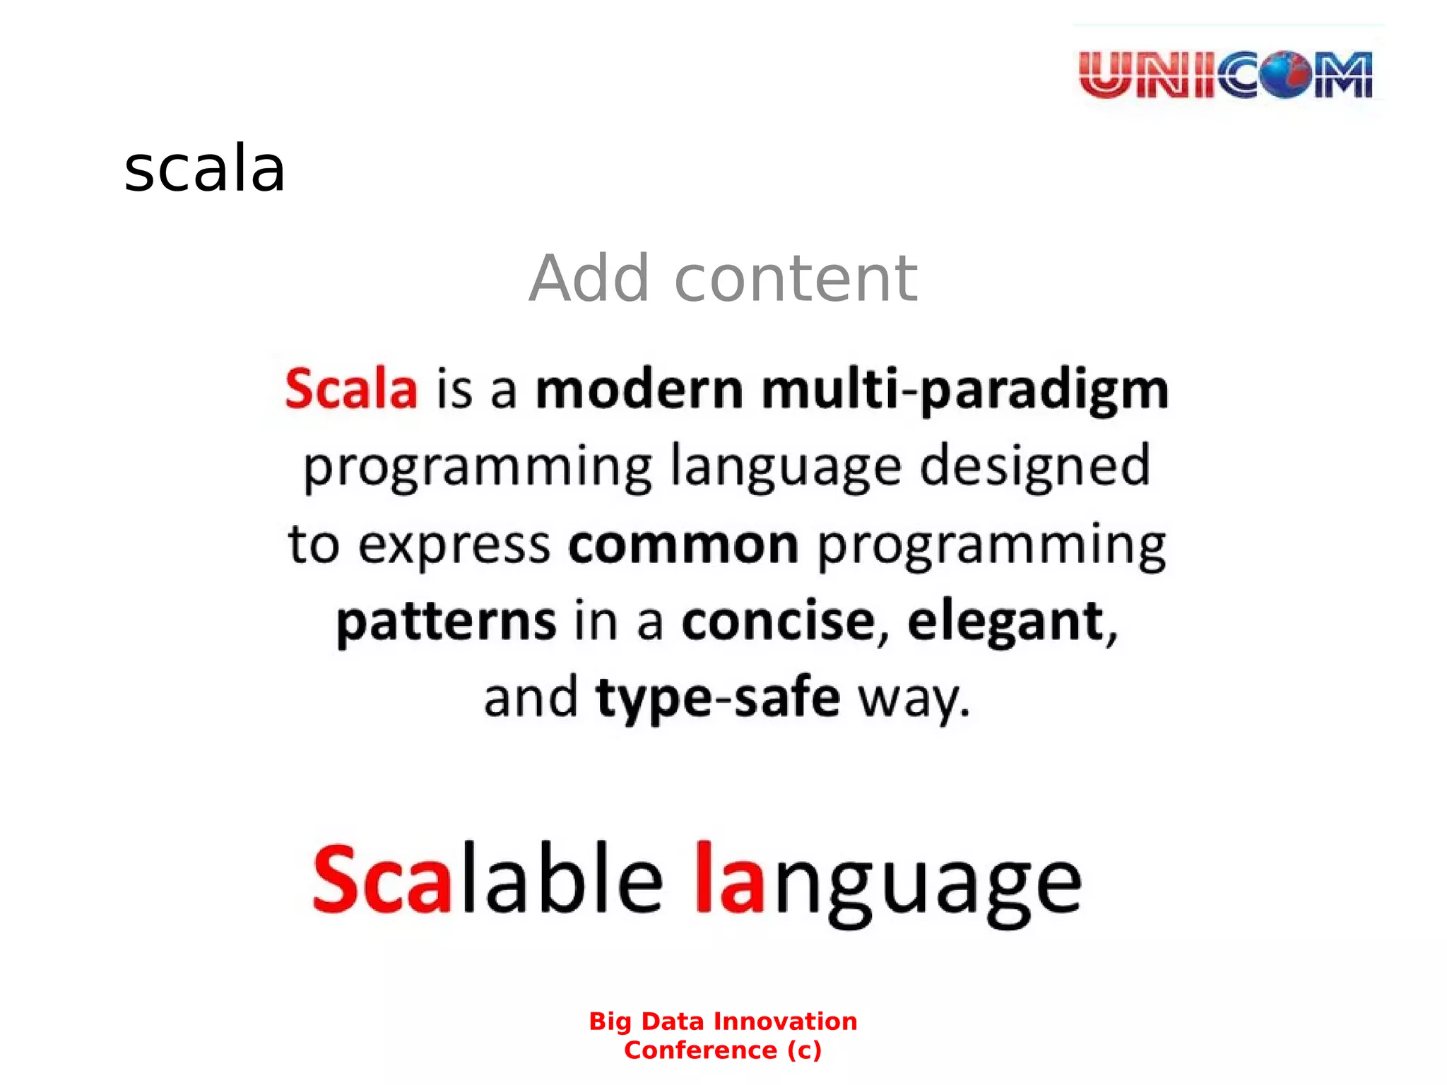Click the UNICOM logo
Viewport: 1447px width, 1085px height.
[1226, 74]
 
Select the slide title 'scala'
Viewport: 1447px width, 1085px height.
[204, 170]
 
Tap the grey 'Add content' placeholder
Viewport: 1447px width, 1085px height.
[723, 279]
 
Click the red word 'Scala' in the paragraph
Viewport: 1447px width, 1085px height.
[351, 389]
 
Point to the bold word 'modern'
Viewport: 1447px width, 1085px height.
[639, 389]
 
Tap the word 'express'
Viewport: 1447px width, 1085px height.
[454, 545]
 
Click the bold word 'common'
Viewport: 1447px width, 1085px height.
[683, 545]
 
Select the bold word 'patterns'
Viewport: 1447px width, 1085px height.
[446, 622]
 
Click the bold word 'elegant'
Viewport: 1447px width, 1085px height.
[1005, 622]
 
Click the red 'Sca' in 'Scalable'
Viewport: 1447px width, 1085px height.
[382, 879]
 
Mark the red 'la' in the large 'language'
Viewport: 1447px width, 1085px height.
[730, 879]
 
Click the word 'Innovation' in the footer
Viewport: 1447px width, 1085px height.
[785, 1021]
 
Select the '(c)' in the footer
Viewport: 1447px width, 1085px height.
[804, 1050]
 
